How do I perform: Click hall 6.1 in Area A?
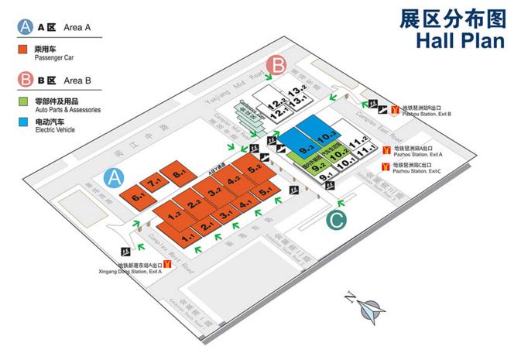click(139, 197)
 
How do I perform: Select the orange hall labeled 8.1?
click(179, 175)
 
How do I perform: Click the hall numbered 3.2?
click(214, 190)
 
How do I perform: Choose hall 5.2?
click(254, 168)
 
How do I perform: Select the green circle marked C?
click(335, 220)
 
